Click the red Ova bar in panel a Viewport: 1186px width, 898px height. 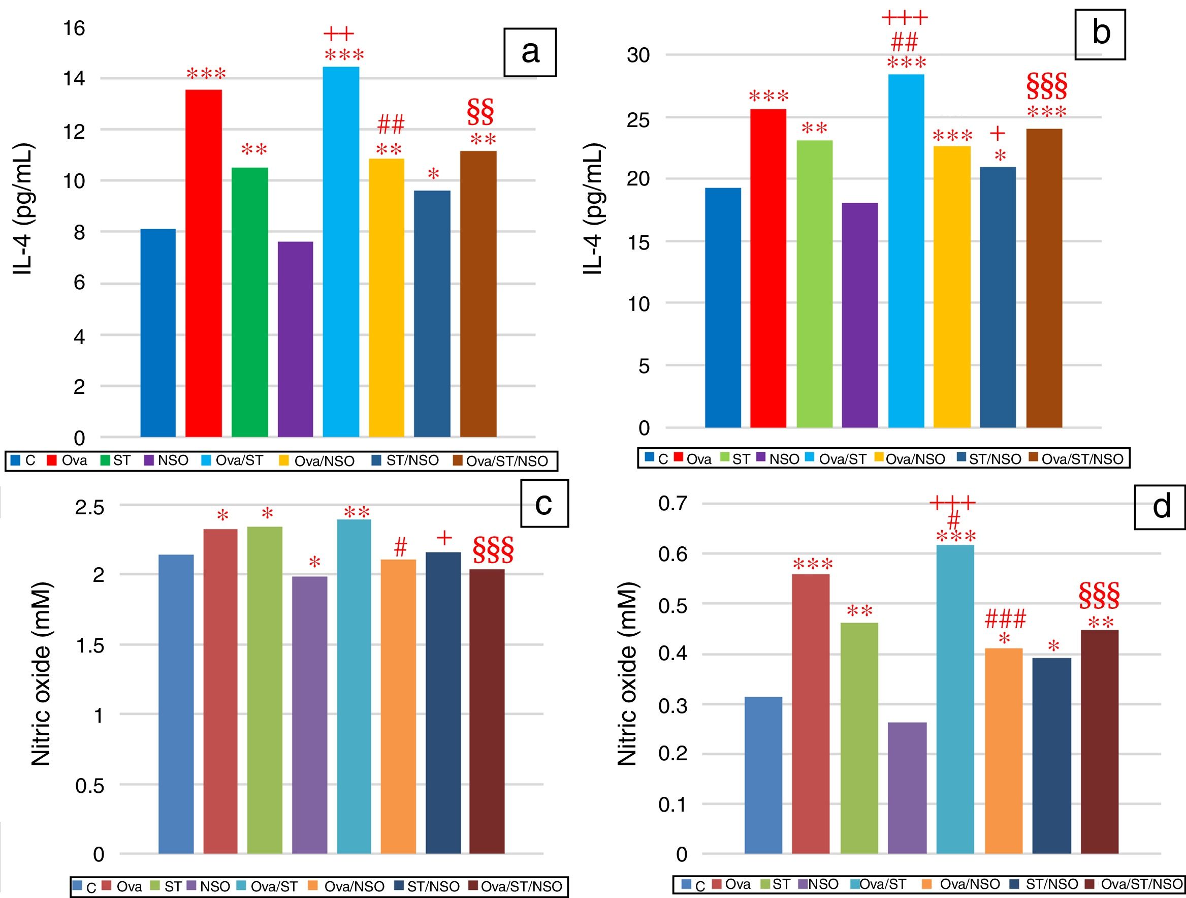coord(204,263)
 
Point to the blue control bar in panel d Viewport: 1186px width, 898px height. coord(763,775)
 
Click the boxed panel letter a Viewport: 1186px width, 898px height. coord(530,52)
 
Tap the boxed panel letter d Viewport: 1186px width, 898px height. coord(1162,506)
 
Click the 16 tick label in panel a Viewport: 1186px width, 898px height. coord(74,28)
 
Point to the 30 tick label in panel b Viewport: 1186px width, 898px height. coord(638,55)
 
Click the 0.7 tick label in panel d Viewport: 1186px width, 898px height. coord(673,504)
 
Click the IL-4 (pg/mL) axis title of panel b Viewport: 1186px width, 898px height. coord(594,209)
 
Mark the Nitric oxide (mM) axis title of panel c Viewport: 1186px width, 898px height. coord(41,673)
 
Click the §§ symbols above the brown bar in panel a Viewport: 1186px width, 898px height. coord(480,110)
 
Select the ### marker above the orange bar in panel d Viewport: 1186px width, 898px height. coord(1005,620)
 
